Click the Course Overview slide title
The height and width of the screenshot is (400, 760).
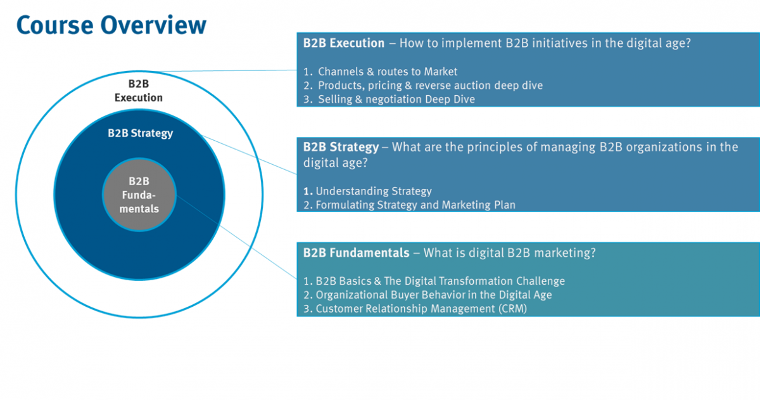click(x=111, y=25)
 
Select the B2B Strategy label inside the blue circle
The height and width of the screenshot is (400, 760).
click(x=140, y=133)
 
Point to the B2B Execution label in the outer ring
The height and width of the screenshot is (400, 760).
click(x=139, y=91)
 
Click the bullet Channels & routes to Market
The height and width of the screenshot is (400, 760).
click(x=381, y=72)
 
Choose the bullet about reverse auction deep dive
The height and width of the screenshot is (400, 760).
click(x=423, y=85)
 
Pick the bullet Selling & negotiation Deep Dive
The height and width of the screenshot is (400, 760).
click(x=389, y=99)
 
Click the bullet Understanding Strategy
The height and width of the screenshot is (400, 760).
click(x=367, y=191)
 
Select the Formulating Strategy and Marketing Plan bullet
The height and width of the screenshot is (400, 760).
click(x=410, y=205)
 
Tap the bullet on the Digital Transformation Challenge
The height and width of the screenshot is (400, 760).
click(x=434, y=281)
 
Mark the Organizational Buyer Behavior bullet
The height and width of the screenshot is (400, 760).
click(x=427, y=295)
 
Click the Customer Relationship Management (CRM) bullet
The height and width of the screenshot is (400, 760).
click(x=415, y=309)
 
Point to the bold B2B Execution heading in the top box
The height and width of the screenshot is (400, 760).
click(x=344, y=43)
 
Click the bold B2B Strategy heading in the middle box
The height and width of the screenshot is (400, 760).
click(x=341, y=147)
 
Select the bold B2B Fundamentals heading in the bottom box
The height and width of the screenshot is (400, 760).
click(x=356, y=253)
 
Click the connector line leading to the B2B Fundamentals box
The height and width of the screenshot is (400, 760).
click(x=236, y=237)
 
